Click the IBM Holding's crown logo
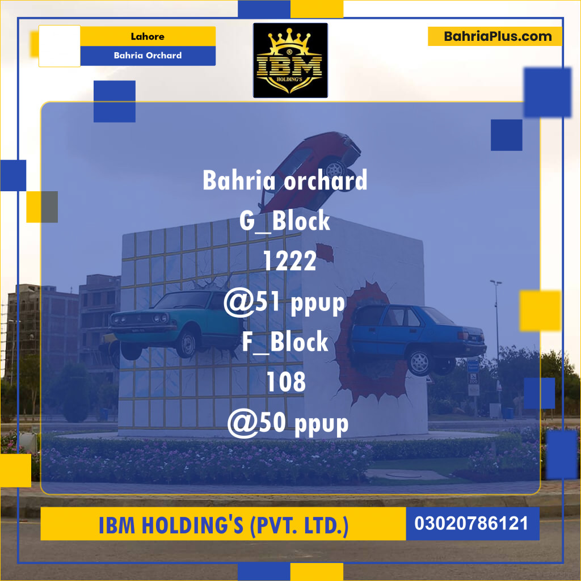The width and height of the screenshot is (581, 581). tap(290, 60)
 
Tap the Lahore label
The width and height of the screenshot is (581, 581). tap(148, 36)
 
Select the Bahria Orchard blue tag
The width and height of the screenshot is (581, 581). tap(148, 56)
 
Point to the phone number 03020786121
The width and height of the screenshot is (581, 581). tap(471, 523)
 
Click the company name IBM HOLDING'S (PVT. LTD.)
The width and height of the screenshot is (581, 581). tap(224, 525)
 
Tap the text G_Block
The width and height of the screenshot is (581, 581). tap(285, 221)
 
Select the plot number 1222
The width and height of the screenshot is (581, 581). tap(289, 261)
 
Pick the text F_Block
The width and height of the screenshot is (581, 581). tap(285, 342)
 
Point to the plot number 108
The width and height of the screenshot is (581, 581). tap(287, 383)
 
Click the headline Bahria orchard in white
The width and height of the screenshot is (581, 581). tap(285, 180)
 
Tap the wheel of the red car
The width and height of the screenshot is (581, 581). tap(336, 168)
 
